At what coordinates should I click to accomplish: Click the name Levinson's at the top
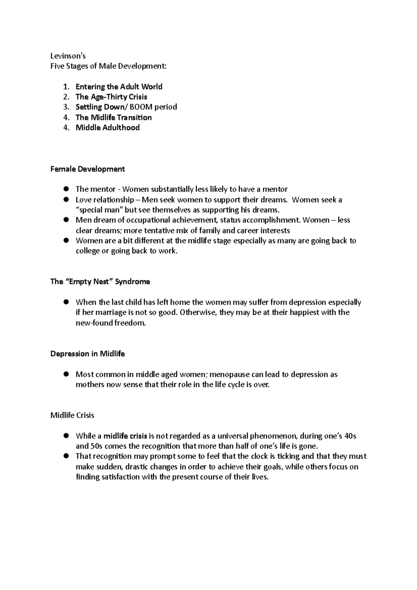68,56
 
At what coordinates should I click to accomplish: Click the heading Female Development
87,169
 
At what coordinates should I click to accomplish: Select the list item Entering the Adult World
119,87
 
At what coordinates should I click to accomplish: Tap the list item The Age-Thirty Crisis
111,97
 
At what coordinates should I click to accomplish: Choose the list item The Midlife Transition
114,117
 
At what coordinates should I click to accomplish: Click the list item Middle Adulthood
107,128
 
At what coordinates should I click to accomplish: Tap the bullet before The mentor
66,189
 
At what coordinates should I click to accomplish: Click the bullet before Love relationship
66,199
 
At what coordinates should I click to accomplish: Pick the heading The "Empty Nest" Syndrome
100,282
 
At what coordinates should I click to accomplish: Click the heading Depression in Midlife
88,354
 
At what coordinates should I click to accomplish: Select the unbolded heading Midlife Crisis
72,416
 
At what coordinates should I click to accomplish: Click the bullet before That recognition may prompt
66,456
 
